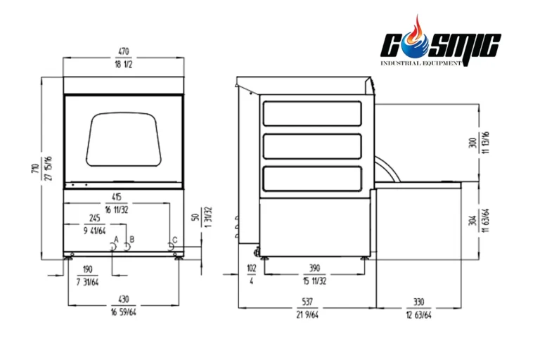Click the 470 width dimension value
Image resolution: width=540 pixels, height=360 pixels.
tap(123, 51)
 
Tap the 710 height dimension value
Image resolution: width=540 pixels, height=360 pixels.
tap(35, 168)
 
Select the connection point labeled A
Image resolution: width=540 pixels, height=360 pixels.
tap(112, 247)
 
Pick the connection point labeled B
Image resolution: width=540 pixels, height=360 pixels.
tap(127, 247)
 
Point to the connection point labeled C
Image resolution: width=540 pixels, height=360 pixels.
tap(170, 247)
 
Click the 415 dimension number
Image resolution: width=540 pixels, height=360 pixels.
tap(117, 197)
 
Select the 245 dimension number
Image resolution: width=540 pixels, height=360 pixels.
tap(94, 218)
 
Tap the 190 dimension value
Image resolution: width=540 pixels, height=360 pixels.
tap(87, 269)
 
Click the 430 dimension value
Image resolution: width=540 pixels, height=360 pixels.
tap(123, 300)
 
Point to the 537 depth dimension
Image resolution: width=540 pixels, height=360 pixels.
tap(307, 302)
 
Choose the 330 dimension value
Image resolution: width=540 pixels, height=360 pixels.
tap(418, 302)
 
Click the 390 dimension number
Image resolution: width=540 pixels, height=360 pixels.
tap(314, 268)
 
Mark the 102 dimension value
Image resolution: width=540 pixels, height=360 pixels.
tap(252, 268)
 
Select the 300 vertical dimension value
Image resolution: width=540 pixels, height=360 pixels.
tap(472, 143)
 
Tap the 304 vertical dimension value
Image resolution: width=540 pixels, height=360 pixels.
tap(472, 221)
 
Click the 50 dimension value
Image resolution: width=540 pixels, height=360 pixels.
tap(195, 217)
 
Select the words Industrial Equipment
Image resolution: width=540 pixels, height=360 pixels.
tap(421, 63)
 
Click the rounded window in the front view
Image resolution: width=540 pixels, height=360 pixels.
tap(124, 139)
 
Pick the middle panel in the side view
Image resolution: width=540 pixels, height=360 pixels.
tap(312, 146)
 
